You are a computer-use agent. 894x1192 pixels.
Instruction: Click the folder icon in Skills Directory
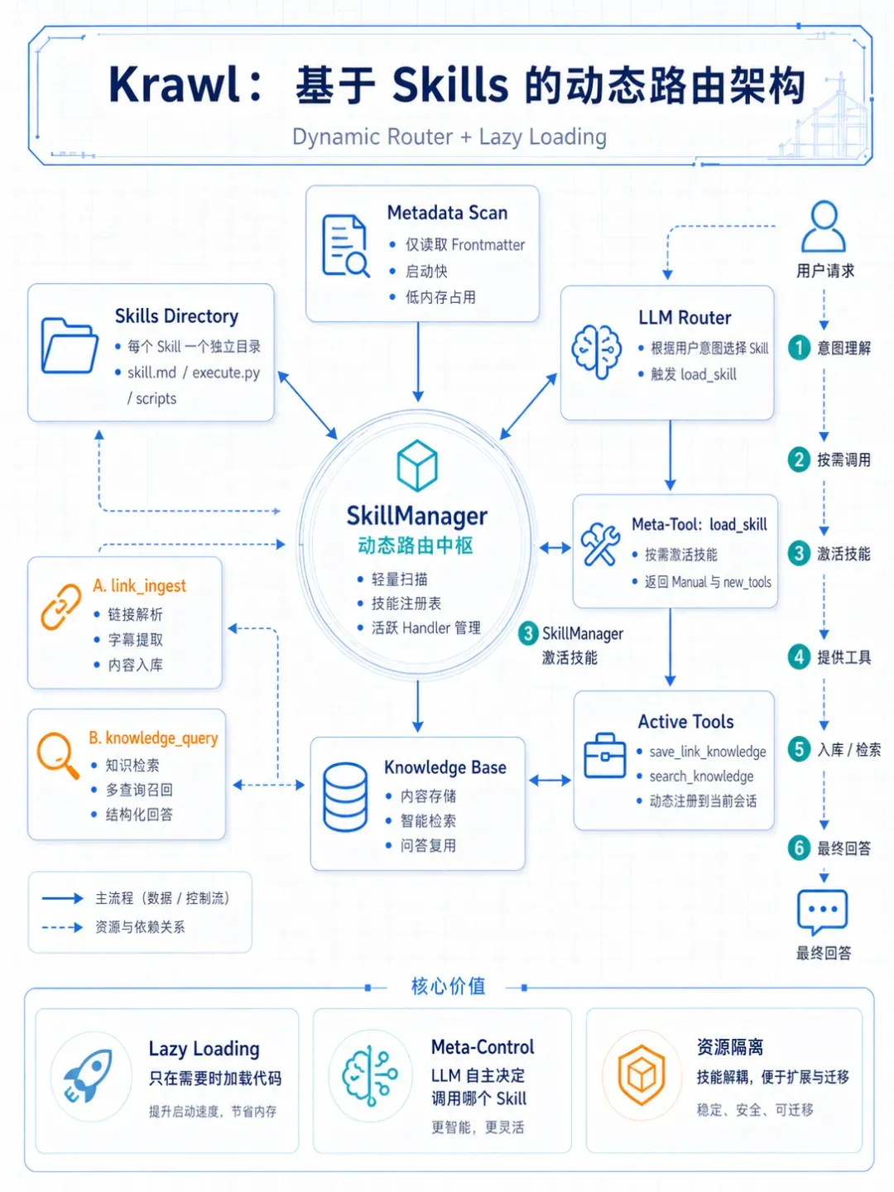(70, 346)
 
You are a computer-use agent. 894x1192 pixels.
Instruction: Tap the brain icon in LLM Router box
(597, 351)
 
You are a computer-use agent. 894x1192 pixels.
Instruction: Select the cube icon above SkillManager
(417, 465)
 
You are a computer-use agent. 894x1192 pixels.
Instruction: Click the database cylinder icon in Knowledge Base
(344, 796)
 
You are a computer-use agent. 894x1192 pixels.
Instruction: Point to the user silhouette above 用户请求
(824, 227)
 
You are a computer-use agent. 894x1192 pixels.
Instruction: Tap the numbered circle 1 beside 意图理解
(799, 348)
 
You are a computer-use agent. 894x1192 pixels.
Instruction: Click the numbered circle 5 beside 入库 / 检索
(799, 749)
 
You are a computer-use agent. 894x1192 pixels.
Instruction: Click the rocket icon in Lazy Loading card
(88, 1076)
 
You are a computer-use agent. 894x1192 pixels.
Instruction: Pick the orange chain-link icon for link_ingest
(60, 607)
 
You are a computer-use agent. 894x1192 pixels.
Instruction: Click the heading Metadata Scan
(447, 213)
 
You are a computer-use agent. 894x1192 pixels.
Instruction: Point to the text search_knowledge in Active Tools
(701, 776)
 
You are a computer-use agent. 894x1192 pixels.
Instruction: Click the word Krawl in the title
(175, 84)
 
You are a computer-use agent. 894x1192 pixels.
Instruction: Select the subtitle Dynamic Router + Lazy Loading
(449, 137)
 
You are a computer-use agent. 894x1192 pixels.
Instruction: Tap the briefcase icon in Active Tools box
(604, 755)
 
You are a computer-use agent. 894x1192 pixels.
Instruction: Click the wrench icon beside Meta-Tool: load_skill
(600, 545)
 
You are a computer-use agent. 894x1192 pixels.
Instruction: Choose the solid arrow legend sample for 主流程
(62, 898)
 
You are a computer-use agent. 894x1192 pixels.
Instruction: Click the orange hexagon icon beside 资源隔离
(641, 1075)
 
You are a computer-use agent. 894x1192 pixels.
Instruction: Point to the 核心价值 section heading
(449, 986)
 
